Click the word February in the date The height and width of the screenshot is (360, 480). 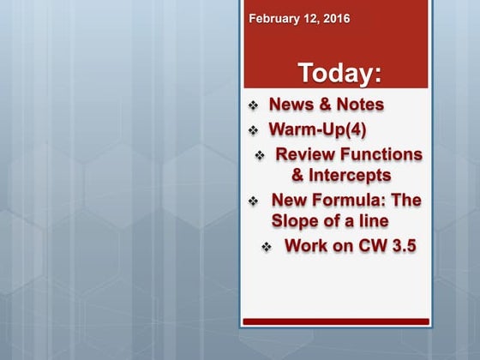tap(273, 18)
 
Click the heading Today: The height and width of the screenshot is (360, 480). tap(339, 73)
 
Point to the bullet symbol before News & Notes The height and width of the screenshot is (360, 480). tap(253, 105)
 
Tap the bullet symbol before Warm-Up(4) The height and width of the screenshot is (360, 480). tap(253, 131)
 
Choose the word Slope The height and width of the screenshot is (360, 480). tap(297, 221)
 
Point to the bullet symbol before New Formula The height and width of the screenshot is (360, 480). tap(253, 201)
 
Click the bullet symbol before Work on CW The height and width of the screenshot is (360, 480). tap(267, 247)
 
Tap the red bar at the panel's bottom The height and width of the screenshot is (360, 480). tap(335, 321)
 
